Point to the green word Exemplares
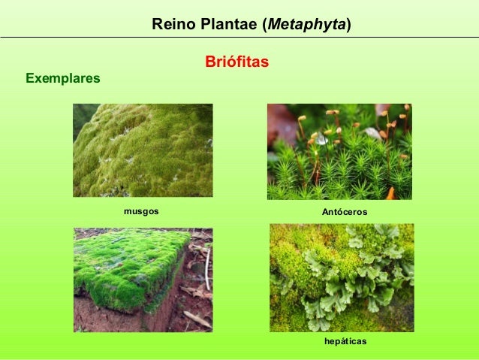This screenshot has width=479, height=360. [x=63, y=77]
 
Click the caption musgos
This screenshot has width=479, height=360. [x=141, y=212]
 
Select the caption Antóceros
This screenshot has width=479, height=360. [x=345, y=213]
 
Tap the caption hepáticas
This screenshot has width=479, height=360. [x=345, y=342]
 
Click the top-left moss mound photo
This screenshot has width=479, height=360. [x=143, y=150]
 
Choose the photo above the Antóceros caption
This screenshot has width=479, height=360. [x=339, y=152]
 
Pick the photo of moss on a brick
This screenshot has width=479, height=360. [x=143, y=280]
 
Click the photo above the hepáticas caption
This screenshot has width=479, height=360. [x=342, y=278]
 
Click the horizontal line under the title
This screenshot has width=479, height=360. [x=239, y=37]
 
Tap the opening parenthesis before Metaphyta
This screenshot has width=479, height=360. [x=264, y=25]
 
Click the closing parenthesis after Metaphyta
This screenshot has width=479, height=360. [x=348, y=25]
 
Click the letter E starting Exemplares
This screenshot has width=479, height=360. [x=30, y=77]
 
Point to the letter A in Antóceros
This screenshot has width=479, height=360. [x=325, y=213]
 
